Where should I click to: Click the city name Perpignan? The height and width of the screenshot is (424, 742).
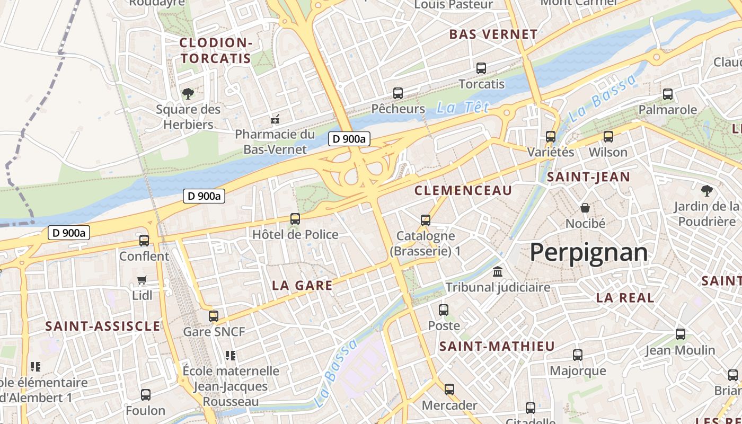coord(589,253)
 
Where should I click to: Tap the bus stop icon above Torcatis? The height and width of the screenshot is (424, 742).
coord(481,68)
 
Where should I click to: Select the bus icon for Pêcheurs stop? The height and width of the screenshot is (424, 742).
coord(398,93)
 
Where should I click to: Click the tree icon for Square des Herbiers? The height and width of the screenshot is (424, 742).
coord(188,94)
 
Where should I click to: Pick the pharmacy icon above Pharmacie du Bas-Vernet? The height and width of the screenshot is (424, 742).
coord(275,119)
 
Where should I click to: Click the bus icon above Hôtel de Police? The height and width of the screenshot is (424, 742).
coord(295,219)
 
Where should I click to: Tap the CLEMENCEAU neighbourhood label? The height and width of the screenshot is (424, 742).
coord(463,191)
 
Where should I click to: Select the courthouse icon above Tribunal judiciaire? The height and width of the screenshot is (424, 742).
coord(498,272)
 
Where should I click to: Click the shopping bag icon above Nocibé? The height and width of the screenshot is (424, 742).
coord(585,208)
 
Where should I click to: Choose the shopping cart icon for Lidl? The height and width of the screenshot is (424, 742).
coord(142,280)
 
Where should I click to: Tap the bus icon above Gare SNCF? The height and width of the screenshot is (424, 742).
coord(214,316)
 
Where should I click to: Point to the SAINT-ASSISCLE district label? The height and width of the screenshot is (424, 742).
coord(102,326)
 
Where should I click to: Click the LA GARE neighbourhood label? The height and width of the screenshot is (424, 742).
coord(302,286)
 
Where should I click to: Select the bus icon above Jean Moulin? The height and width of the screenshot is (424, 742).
coord(681,334)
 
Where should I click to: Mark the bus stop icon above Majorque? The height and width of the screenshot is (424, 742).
coord(578,355)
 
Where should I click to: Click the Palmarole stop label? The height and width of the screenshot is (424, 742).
coord(667,110)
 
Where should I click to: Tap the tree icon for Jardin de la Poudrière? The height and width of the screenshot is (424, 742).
coord(706,191)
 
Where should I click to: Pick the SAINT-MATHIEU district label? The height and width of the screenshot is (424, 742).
coord(497,347)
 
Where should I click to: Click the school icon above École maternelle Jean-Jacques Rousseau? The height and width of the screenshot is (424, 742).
coord(230,355)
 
